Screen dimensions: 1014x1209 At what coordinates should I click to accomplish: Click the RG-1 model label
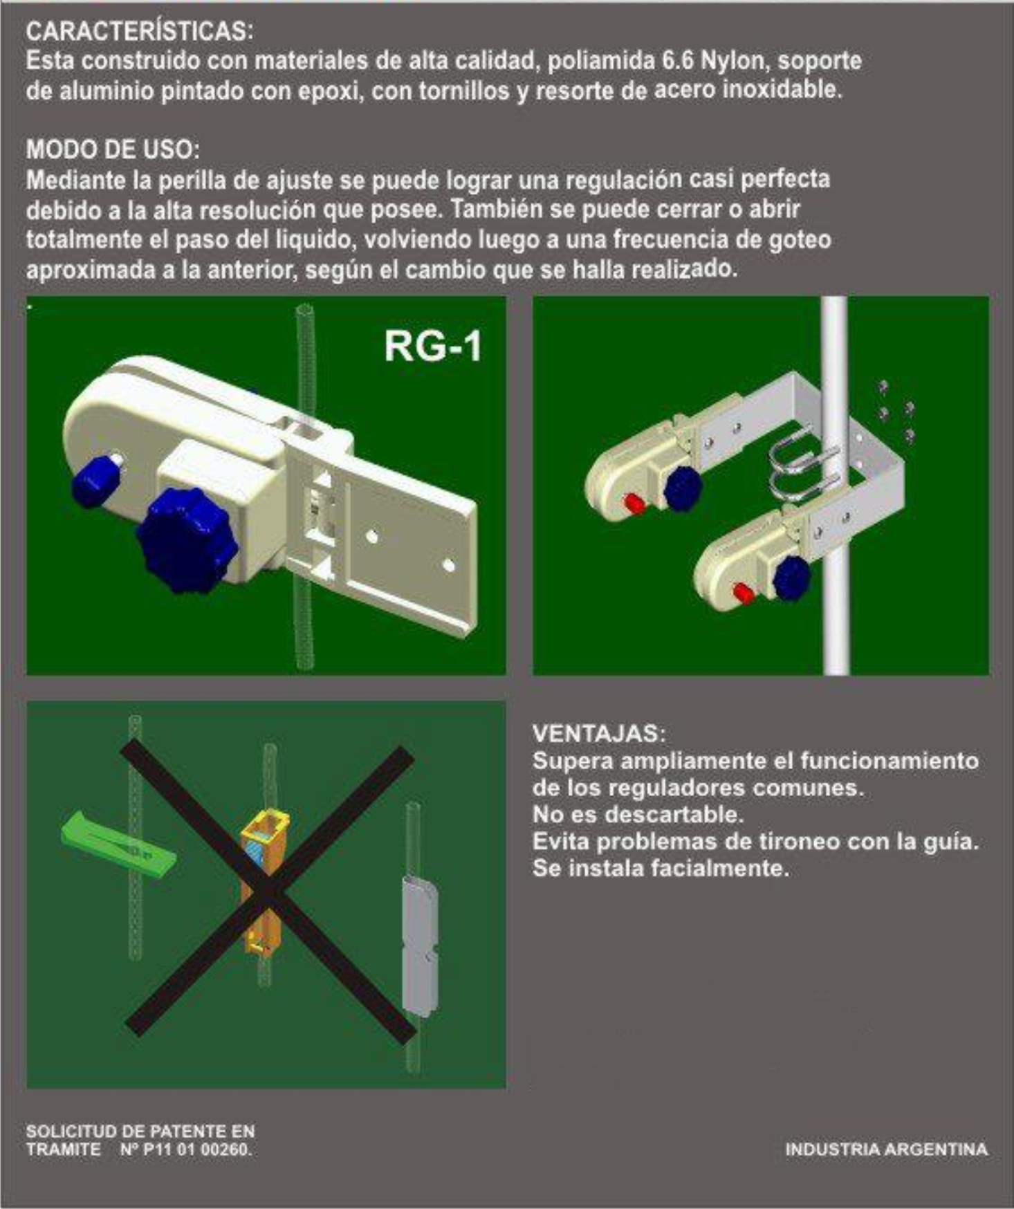tap(432, 345)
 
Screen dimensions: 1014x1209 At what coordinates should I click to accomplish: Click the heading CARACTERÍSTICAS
tap(140, 31)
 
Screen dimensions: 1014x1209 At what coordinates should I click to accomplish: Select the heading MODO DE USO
tap(113, 149)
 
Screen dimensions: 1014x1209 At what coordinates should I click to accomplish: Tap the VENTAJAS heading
tap(600, 733)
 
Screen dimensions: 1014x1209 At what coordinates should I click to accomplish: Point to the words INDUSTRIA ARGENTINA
tap(886, 1150)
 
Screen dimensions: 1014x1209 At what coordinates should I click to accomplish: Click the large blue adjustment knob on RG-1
tap(187, 539)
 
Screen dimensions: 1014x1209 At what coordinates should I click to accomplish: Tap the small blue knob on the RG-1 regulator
tap(96, 478)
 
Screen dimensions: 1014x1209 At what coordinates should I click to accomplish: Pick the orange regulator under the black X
tap(263, 881)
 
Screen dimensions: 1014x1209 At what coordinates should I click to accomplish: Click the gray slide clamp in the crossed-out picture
tap(419, 941)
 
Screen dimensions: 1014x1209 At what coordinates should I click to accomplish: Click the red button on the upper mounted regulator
tap(634, 504)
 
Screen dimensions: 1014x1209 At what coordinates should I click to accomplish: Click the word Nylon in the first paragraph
tap(733, 61)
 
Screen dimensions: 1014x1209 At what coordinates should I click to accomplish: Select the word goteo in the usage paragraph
tap(800, 239)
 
